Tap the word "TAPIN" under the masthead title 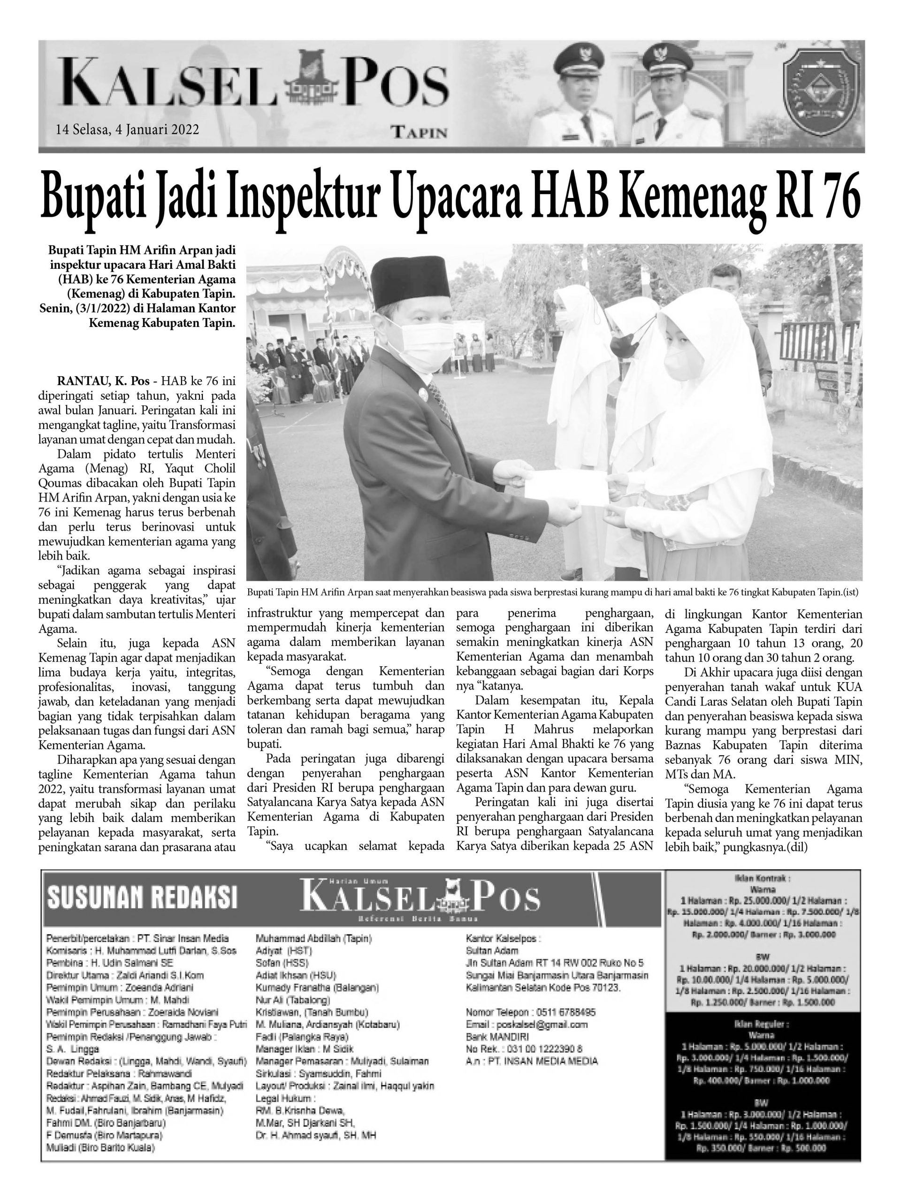tap(419, 132)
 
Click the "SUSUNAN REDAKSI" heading tap(142, 897)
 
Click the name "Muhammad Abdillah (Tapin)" tap(313, 938)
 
